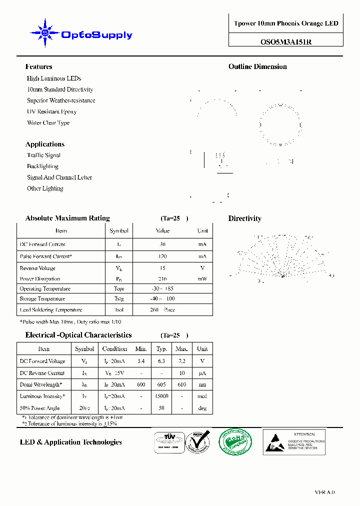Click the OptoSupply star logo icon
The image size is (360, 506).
coord(45,33)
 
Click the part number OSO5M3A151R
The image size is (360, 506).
coord(285,42)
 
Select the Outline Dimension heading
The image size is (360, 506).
coord(257,66)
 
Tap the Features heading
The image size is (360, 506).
coord(38,66)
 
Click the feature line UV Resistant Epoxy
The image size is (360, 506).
coord(52,111)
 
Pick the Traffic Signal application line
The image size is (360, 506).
coord(43,155)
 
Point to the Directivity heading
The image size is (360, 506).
coord(244,218)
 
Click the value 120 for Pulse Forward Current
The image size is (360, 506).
coord(162,256)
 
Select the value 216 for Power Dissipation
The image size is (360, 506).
coord(162,279)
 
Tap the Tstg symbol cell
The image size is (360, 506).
coord(119,299)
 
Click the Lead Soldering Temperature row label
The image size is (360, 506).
coord(50,310)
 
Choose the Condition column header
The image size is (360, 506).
coord(114,349)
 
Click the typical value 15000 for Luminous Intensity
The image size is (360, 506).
coord(161,396)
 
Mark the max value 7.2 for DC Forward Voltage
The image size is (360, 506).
coord(182,361)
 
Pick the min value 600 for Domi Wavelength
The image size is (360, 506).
coord(141,384)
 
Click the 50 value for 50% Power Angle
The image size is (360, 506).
coord(161,408)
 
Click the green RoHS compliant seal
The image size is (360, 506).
coord(235,442)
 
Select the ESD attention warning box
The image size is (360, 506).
coord(294,442)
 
